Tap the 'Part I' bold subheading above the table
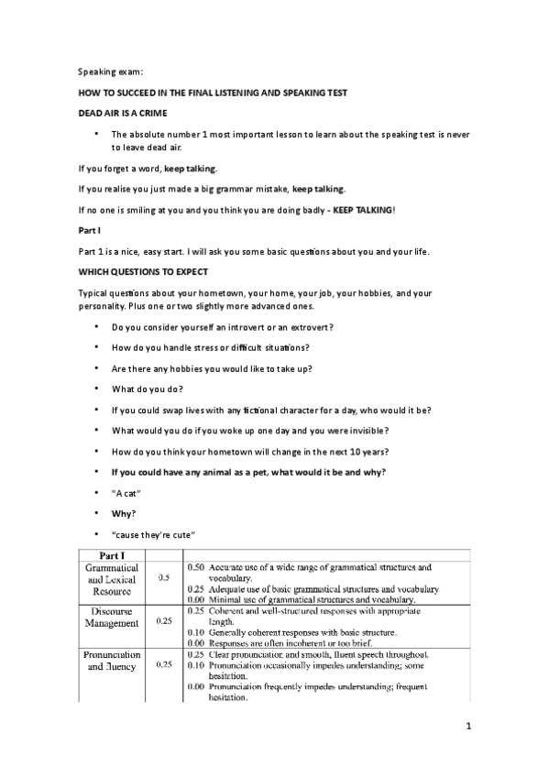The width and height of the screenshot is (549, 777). point(90,231)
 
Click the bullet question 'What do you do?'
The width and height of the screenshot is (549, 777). point(146,388)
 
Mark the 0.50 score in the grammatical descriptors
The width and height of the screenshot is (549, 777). point(195,567)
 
